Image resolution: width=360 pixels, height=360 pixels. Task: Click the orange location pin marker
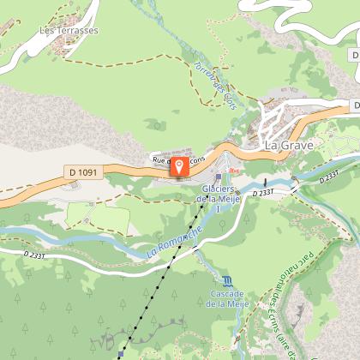pos(180,165)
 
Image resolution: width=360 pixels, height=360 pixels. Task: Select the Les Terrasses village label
pos(69,30)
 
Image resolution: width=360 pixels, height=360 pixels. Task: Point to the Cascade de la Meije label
pos(226,298)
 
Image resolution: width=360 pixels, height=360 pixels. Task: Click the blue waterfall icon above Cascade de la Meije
pos(226,280)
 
